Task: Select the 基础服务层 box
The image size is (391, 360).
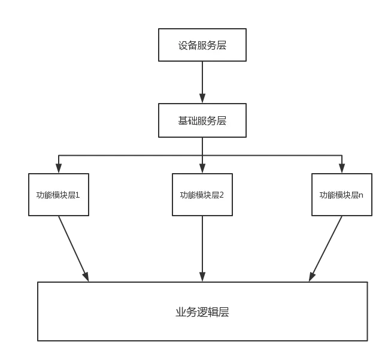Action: click(202, 120)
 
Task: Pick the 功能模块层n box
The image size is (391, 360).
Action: click(341, 195)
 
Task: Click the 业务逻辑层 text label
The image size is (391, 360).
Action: click(202, 312)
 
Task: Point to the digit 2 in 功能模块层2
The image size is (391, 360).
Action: click(221, 195)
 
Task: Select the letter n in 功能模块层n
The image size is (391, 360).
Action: click(360, 195)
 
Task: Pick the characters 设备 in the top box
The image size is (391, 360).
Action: click(186, 46)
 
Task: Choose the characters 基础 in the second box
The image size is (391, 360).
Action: click(186, 121)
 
